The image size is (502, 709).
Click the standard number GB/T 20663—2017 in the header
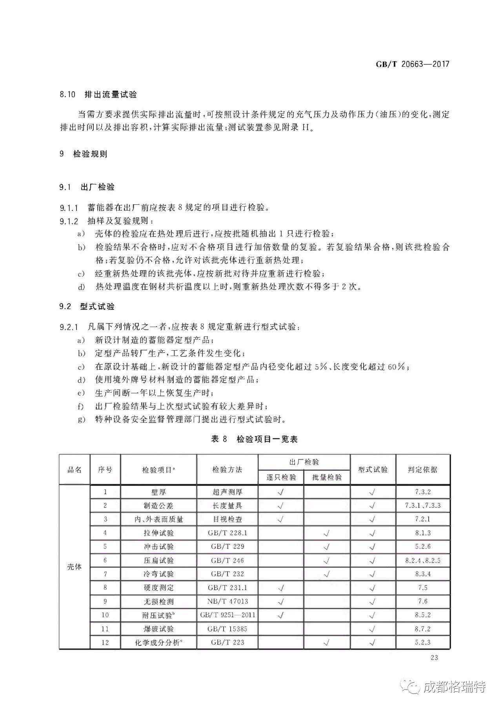412,64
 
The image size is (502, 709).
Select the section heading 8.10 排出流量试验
98,95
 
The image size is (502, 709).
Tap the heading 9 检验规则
83,154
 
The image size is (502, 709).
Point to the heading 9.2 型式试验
87,306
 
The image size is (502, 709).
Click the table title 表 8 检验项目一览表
254,439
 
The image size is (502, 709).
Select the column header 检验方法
227,469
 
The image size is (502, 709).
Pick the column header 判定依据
422,469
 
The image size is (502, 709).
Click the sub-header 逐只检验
281,477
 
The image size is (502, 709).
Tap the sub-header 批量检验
327,477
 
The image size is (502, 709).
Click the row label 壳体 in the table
75,567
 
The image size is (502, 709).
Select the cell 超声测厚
227,492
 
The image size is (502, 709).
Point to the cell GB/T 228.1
227,533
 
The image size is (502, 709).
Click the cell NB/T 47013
227,601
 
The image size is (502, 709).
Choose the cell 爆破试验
158,629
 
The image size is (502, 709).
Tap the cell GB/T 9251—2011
227,615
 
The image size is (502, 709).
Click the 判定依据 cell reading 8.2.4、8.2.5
422,560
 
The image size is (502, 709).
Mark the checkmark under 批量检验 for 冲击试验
327,547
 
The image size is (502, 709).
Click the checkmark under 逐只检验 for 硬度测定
281,588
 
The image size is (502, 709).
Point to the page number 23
434,658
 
